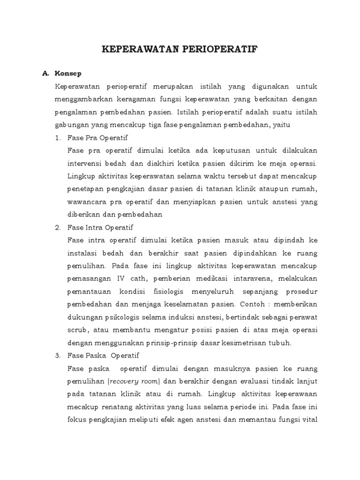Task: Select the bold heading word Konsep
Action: (68, 74)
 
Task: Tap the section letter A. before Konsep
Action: (46, 74)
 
